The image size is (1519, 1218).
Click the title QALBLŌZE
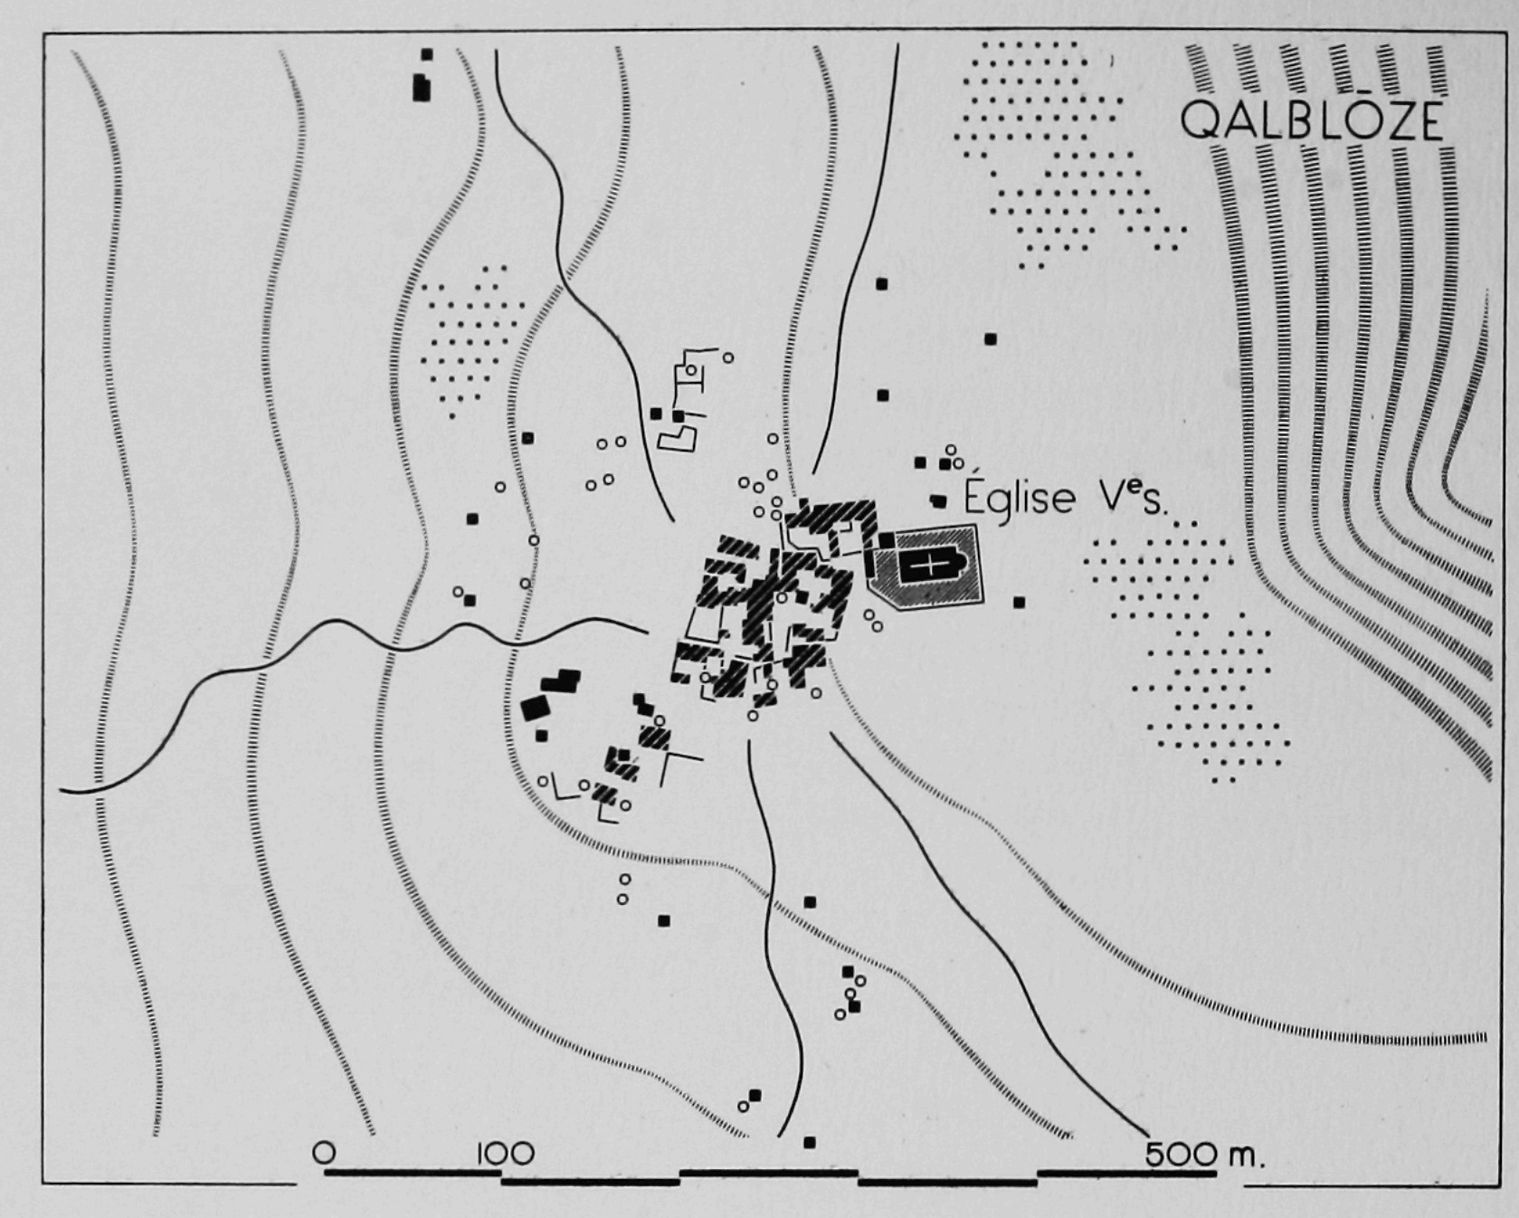[x=1312, y=120]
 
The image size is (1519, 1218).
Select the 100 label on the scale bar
[x=505, y=1154]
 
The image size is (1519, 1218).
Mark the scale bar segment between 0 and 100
[x=413, y=1172]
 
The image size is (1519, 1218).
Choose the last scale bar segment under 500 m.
[x=1126, y=1173]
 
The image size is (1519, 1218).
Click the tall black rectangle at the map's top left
[x=421, y=88]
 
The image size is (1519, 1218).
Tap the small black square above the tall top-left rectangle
[x=427, y=54]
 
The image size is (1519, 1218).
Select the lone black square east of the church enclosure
[x=1020, y=602]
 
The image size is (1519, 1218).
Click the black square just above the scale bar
[x=810, y=1142]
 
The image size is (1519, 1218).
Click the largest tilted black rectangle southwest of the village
[x=536, y=706]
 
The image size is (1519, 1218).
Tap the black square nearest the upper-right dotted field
[x=991, y=339]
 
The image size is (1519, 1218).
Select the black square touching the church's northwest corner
[x=887, y=540]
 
